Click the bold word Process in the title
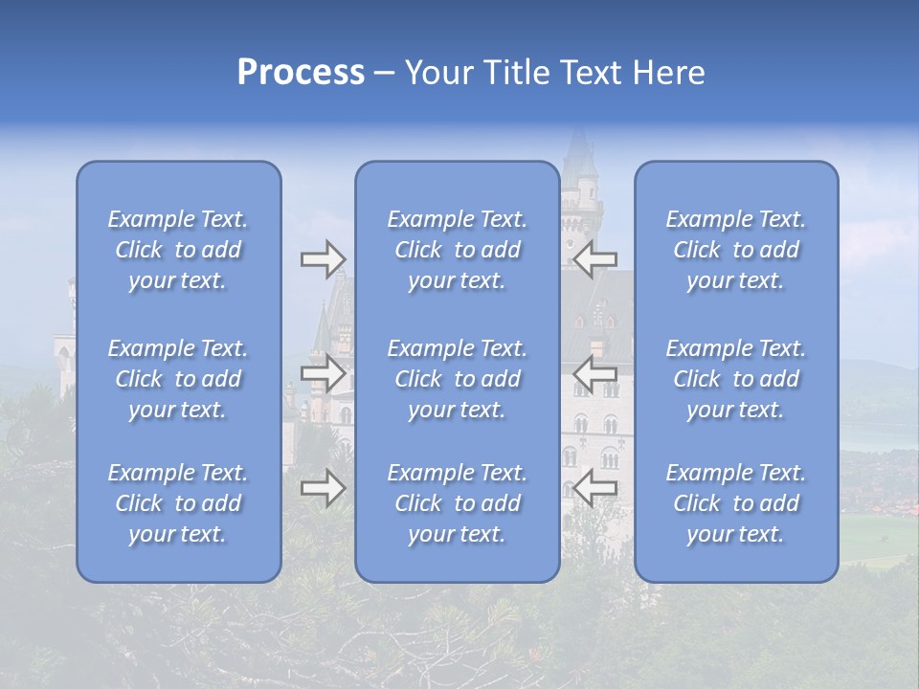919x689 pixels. tap(301, 73)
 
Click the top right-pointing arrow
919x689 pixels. tap(323, 259)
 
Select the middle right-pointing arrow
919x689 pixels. tap(323, 374)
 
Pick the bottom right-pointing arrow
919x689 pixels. tap(323, 489)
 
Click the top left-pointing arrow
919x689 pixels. tap(596, 259)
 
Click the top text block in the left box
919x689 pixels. tap(178, 250)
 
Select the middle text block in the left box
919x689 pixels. tap(178, 379)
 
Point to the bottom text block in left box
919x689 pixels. tap(178, 503)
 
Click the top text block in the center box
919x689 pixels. tap(457, 250)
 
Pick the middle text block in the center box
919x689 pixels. tap(457, 379)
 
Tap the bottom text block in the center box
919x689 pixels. tap(457, 503)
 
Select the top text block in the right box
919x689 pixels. tap(735, 250)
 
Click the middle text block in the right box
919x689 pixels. tap(735, 379)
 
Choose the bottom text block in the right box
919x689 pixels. tap(735, 503)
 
